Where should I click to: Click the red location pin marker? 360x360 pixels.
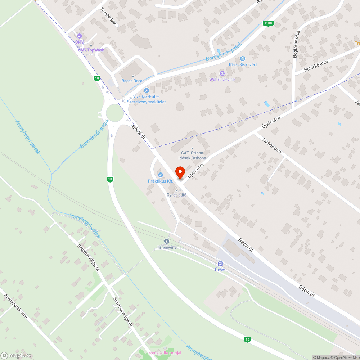[x=180, y=172]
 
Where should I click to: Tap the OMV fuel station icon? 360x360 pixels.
[x=79, y=36]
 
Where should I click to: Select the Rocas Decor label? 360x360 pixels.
[x=132, y=81]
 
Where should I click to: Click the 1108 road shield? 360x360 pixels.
[x=268, y=24]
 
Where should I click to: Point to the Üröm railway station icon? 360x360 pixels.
[x=220, y=264]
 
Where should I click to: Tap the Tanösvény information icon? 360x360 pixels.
[x=166, y=241]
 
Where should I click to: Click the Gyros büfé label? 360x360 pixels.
[x=176, y=195]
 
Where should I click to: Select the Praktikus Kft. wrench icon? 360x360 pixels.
[x=161, y=175]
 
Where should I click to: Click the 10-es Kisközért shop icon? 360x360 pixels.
[x=243, y=58]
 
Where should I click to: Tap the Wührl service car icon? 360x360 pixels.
[x=222, y=73]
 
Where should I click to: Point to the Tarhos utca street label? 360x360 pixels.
[x=272, y=145]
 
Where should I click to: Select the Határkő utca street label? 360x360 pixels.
[x=316, y=67]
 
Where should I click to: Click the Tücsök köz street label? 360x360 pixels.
[x=108, y=17]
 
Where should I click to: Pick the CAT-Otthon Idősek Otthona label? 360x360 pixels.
[x=192, y=156]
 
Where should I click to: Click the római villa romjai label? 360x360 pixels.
[x=165, y=352]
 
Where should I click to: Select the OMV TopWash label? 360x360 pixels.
[x=91, y=50]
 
